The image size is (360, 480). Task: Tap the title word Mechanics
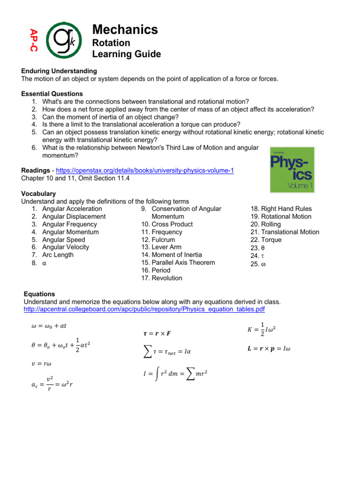[x=125, y=30]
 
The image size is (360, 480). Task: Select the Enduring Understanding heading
[x=59, y=71]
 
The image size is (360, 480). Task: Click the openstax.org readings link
[x=141, y=171]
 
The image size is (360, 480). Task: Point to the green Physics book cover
[x=292, y=169]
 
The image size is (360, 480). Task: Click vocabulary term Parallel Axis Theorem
[x=181, y=262]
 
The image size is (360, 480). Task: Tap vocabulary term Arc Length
[x=58, y=255]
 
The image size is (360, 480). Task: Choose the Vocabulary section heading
[x=38, y=194]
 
